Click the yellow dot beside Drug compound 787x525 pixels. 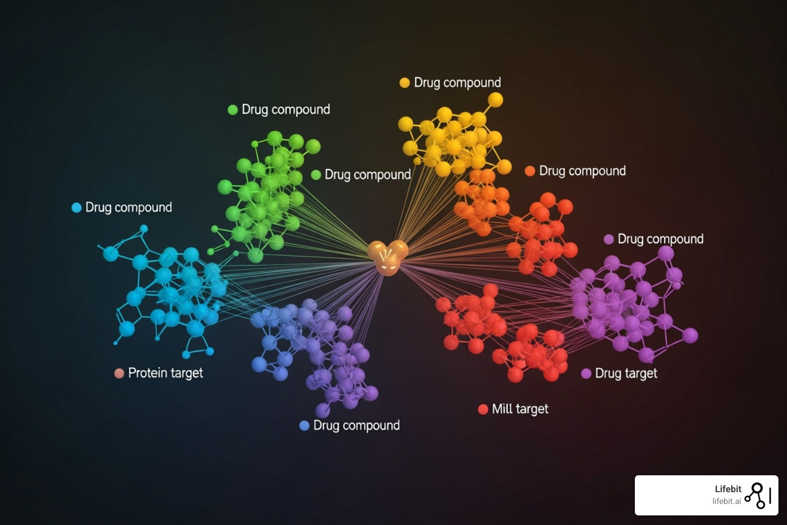coord(405,83)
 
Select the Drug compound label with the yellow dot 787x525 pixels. coord(457,83)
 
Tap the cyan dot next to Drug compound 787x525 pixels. coord(76,208)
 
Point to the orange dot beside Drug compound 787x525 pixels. coord(530,171)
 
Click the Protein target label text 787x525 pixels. coord(165,373)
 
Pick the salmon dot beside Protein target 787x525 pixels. coord(119,373)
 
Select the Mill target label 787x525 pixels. coord(520,409)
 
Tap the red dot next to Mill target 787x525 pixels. coord(483,409)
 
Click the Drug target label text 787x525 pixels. coord(626,373)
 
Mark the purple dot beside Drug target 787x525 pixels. coord(586,374)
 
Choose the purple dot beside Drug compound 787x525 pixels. coord(609,239)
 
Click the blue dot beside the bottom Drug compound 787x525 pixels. coord(304,426)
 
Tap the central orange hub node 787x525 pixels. coord(388,257)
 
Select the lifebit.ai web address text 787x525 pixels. coord(727,501)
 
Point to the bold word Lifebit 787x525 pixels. coord(728,489)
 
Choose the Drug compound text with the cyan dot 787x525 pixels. coord(129,208)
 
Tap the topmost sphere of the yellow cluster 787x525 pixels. coord(494,99)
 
